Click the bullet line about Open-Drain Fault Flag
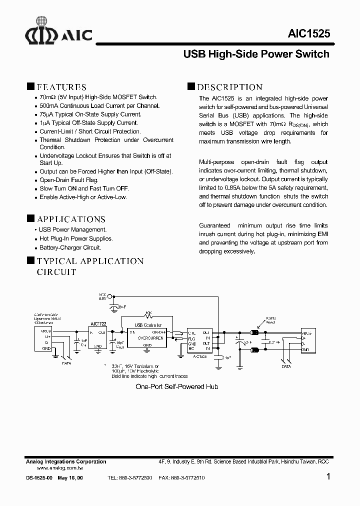click(x=69, y=180)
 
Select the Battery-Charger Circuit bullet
click(x=70, y=247)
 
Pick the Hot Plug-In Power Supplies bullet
click(x=76, y=238)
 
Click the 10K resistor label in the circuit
click(x=148, y=313)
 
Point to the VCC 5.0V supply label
click(x=102, y=296)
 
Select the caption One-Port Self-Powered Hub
click(x=177, y=387)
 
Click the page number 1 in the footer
click(x=328, y=477)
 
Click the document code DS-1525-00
click(x=39, y=478)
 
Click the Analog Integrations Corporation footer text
click(x=66, y=461)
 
